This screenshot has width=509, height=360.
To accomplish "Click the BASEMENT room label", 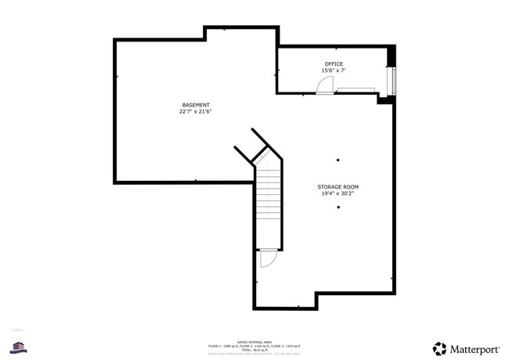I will coord(195,105).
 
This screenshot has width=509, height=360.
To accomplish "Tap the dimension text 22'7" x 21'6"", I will coord(195,112).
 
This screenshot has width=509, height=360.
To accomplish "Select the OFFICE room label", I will coord(334,64).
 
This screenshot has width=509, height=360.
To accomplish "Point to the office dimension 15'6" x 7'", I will coord(334,71).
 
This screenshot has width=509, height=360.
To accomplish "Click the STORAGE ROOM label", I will coord(338,187).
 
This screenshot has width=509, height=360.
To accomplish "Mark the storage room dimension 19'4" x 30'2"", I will coord(338,194).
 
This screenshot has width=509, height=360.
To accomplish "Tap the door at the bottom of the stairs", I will coord(268,258).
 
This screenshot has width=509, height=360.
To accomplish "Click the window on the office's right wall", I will coord(393,80).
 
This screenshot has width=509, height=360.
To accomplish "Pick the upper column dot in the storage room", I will coord(338,160).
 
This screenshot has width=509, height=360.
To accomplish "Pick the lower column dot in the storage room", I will coord(338,207).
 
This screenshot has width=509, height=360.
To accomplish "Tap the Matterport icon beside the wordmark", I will coord(440,348).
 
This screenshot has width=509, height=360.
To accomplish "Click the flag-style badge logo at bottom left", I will coord(19,346).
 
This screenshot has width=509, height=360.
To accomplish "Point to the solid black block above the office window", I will coord(392,56).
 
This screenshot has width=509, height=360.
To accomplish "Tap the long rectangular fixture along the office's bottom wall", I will coord(355,91).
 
